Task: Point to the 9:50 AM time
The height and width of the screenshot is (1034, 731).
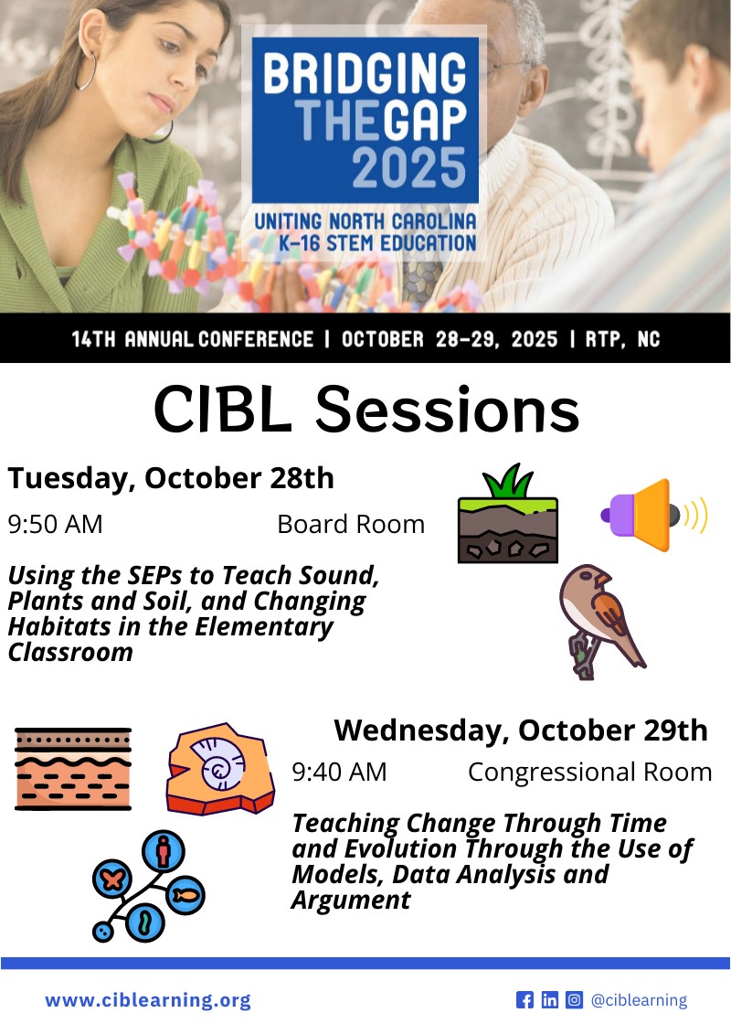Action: (55, 524)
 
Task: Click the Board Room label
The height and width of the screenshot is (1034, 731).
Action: (351, 524)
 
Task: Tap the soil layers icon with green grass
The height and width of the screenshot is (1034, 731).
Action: (507, 517)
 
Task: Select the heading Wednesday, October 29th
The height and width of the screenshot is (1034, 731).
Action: (521, 730)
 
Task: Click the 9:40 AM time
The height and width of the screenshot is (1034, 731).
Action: (339, 772)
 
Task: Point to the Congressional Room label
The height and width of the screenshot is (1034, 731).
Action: (589, 772)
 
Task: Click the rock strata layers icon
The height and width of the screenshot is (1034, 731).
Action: (73, 768)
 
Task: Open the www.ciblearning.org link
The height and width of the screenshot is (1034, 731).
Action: (147, 1000)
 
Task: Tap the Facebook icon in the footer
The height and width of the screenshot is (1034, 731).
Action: (524, 1000)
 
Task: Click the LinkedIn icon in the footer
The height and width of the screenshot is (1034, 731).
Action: (549, 1000)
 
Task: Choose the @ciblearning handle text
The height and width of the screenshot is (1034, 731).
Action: (639, 1000)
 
